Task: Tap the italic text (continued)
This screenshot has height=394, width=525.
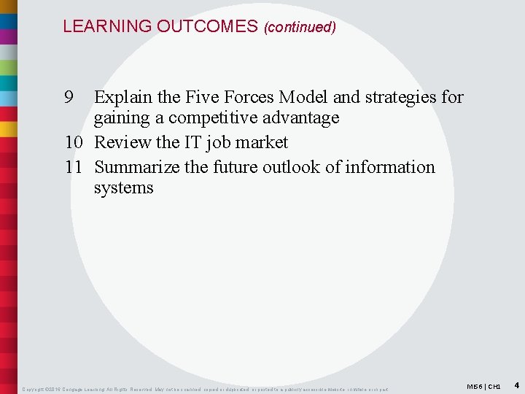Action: [x=300, y=28]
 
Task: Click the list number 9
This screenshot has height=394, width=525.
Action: [x=69, y=97]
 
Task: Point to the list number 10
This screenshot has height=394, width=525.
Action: [x=74, y=142]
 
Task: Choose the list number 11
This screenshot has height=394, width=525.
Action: [x=74, y=167]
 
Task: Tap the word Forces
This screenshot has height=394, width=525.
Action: [x=249, y=97]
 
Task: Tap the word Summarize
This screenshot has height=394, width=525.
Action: [x=137, y=167]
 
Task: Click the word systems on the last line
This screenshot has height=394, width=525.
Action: [x=123, y=188]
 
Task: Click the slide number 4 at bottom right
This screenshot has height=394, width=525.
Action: [x=516, y=385]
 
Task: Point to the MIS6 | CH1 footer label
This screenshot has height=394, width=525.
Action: [x=484, y=385]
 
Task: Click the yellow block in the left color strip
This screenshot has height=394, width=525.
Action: [x=9, y=128]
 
